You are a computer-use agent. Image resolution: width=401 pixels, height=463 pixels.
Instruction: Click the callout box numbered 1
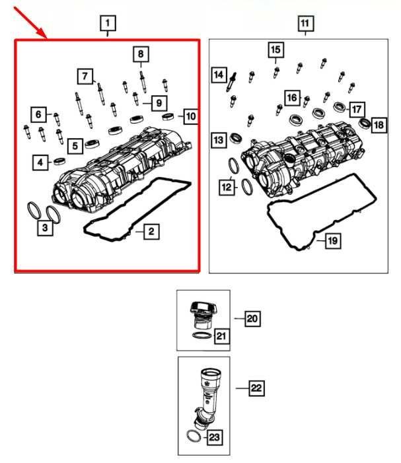(x=108, y=24)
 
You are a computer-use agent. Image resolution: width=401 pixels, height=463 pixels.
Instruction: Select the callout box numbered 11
(x=305, y=24)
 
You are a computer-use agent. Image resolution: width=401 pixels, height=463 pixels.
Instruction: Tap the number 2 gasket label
(x=151, y=231)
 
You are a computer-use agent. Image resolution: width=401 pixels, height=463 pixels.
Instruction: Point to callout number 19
(x=332, y=241)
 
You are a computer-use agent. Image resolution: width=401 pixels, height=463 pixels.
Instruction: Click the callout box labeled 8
(x=140, y=54)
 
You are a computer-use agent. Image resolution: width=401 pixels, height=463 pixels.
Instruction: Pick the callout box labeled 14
(x=219, y=76)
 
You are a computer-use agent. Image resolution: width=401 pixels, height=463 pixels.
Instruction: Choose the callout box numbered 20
(x=252, y=319)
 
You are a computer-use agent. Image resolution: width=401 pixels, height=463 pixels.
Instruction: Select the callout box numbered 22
(x=256, y=388)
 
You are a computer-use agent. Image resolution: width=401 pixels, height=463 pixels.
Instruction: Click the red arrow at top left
(x=30, y=23)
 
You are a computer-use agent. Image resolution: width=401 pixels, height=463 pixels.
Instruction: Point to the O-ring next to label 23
(x=194, y=437)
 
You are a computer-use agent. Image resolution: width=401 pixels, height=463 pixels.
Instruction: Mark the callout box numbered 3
(x=45, y=229)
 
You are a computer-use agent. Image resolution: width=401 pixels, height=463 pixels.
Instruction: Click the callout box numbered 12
(x=227, y=188)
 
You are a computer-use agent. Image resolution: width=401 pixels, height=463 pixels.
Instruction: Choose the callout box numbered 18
(x=379, y=125)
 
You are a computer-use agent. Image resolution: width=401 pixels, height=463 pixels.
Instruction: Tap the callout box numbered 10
(x=190, y=118)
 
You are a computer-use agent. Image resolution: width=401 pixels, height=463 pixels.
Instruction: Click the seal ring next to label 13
(x=237, y=139)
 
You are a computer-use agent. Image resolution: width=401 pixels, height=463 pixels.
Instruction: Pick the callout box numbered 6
(x=39, y=115)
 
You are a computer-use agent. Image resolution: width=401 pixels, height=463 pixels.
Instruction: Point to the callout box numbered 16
(x=292, y=98)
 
